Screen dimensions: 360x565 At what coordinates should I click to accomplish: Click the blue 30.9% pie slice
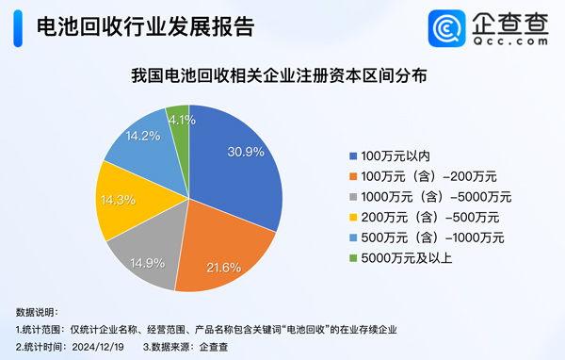click(240, 174)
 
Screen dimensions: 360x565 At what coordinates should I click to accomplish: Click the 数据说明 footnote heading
click(37, 312)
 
